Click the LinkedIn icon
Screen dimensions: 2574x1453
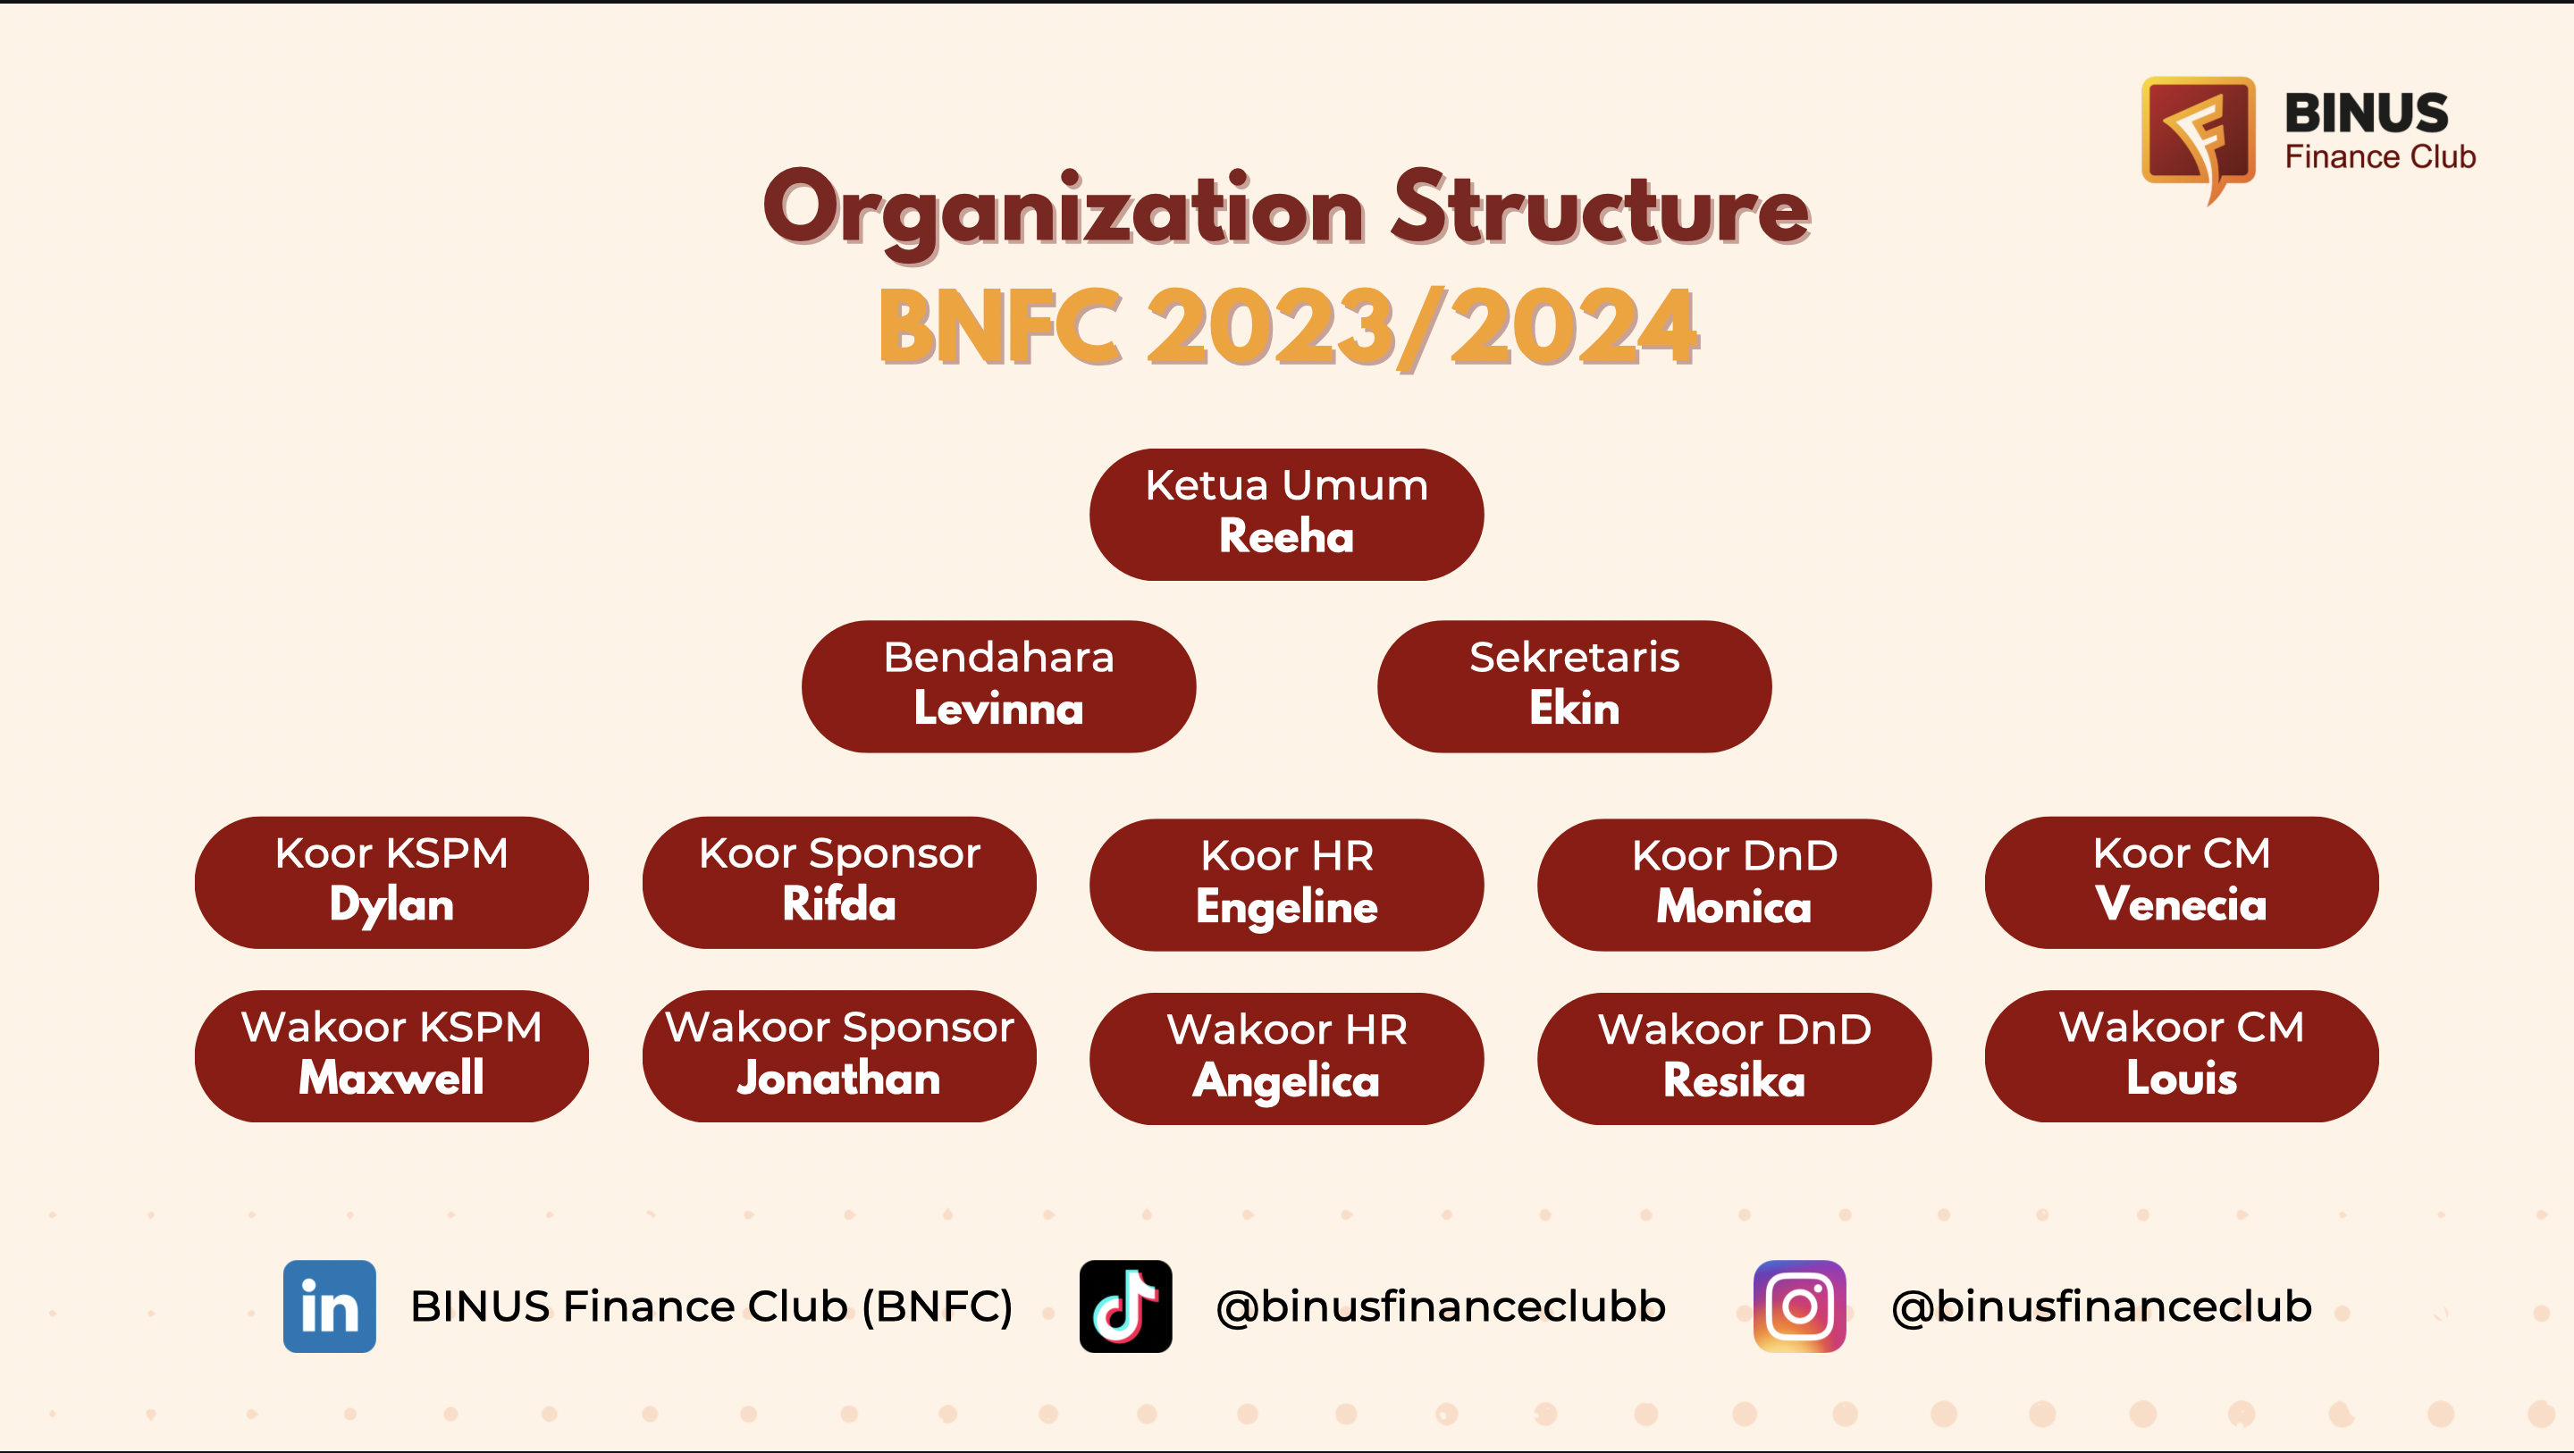329,1306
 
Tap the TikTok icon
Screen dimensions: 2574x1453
1125,1306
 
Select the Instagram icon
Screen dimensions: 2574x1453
1800,1306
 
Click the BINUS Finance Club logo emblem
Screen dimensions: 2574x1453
2199,139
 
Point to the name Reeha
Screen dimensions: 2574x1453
1286,537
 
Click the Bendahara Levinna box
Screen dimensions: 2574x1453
998,686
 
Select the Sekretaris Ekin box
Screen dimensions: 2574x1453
1574,686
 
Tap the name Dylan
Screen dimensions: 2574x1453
391,905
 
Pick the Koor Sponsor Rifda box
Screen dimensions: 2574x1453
839,882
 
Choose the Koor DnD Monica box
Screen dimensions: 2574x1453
1734,885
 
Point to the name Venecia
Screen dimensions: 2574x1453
2182,904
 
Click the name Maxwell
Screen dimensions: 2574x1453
391,1079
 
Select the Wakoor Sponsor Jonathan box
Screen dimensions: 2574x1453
839,1056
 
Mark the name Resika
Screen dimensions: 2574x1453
1734,1080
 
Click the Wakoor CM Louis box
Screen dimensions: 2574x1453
2182,1056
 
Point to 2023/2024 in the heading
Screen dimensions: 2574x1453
1423,327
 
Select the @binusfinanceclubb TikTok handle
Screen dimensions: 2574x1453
1441,1307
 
